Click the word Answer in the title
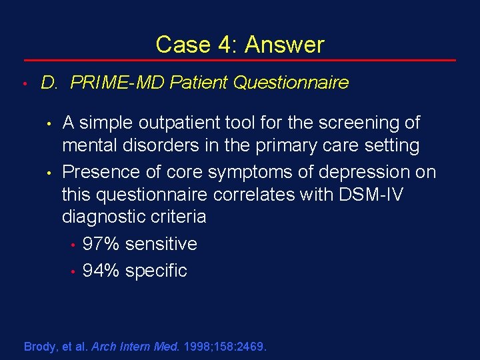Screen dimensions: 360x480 [x=285, y=45]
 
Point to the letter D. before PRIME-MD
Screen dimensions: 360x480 [x=51, y=83]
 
